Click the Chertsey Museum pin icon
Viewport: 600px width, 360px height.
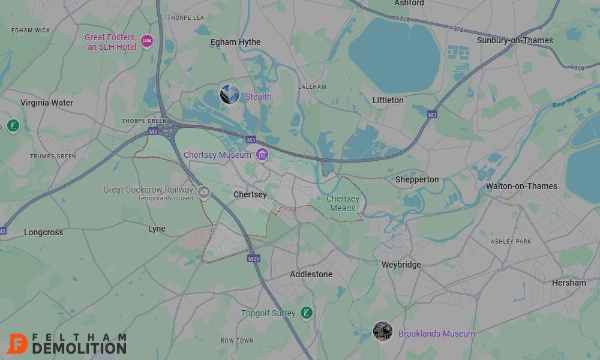pos(261,155)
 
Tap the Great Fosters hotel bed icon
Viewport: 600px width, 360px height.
pos(147,41)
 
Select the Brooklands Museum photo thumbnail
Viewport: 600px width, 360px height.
pos(382,331)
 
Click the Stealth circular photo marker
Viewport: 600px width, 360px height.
pos(230,94)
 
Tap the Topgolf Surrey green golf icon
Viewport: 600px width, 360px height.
pos(307,313)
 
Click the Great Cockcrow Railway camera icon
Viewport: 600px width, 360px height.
pos(204,192)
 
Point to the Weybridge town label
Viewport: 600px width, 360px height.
pos(401,265)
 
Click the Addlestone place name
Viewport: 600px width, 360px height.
pos(311,274)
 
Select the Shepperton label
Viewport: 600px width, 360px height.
pos(417,179)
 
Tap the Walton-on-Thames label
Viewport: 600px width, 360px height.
pos(521,186)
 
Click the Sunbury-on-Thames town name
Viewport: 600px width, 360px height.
pos(515,40)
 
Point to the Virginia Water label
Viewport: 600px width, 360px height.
pos(47,103)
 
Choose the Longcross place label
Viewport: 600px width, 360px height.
pos(43,232)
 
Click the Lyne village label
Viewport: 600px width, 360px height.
pos(157,229)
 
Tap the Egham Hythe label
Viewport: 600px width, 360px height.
pos(235,42)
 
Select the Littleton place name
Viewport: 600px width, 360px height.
pos(388,100)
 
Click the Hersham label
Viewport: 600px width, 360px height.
pos(569,283)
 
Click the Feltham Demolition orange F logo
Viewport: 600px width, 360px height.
pos(17,344)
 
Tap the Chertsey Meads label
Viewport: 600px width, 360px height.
pos(343,203)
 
